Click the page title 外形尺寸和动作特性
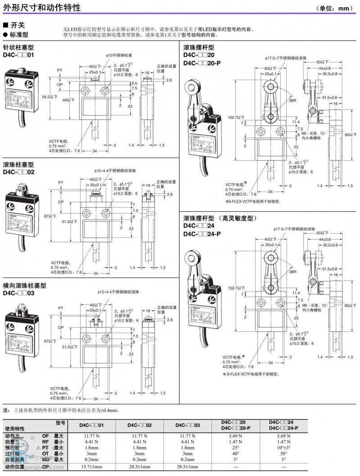(x=42, y=8)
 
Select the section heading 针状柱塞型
(x=18, y=47)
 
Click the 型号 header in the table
(x=61, y=423)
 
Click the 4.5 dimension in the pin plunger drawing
(x=134, y=84)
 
